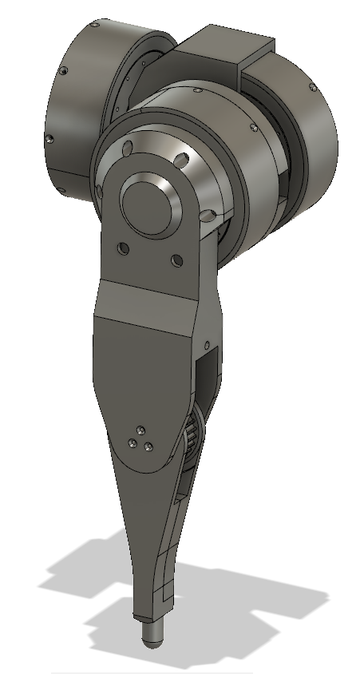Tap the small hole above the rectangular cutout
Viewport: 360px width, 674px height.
coord(210,345)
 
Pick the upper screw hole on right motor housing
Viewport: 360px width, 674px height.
coord(309,89)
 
